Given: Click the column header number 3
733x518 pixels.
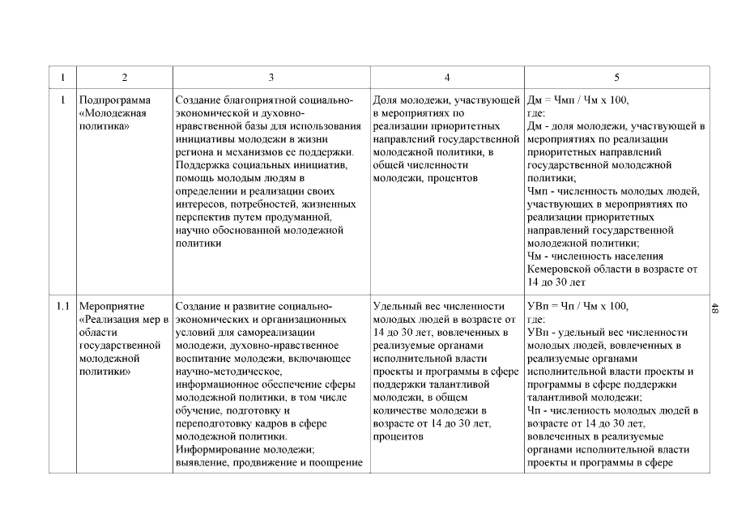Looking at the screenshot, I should pyautogui.click(x=271, y=77).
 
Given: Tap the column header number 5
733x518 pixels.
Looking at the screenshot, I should pyautogui.click(x=617, y=77).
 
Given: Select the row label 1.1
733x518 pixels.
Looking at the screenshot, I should pyautogui.click(x=62, y=307).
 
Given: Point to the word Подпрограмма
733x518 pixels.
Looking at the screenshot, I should pyautogui.click(x=116, y=100).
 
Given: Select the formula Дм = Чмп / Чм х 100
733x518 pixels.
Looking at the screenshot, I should pyautogui.click(x=577, y=100).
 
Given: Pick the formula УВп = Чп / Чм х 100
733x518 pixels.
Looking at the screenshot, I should pyautogui.click(x=577, y=307).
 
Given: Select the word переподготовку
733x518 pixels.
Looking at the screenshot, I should pyautogui.click(x=216, y=423).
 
